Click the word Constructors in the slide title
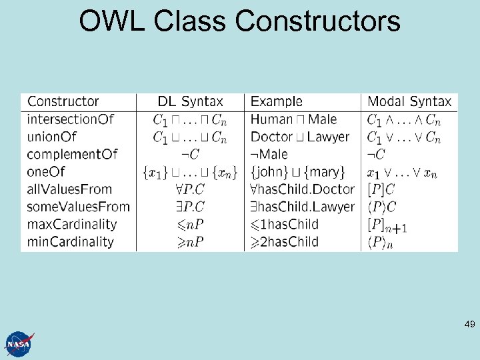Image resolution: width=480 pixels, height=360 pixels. tap(318, 21)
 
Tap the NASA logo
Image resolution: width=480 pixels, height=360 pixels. tap(18, 344)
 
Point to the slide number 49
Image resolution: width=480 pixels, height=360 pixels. tap(469, 325)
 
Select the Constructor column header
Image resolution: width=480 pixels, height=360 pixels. tap(63, 102)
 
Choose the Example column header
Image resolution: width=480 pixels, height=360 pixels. tap(277, 102)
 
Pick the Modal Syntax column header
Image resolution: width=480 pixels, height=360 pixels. tap(409, 102)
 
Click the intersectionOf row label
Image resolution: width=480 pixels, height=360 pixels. tap(71, 120)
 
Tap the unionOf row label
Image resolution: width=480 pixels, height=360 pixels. tap(52, 137)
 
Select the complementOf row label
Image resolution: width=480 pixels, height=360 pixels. tap(72, 155)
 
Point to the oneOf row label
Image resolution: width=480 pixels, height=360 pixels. tap(46, 172)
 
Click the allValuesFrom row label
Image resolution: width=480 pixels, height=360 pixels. tap(69, 189)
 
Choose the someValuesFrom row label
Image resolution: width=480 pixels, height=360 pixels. tap(78, 207)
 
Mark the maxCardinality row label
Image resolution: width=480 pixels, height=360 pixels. tap(72, 224)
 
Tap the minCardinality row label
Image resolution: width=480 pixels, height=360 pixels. tap(71, 241)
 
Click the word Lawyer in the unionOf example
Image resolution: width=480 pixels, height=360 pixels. tap(328, 137)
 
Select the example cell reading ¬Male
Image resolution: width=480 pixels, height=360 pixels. tap(270, 155)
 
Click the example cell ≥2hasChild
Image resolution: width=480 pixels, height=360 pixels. tap(285, 241)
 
